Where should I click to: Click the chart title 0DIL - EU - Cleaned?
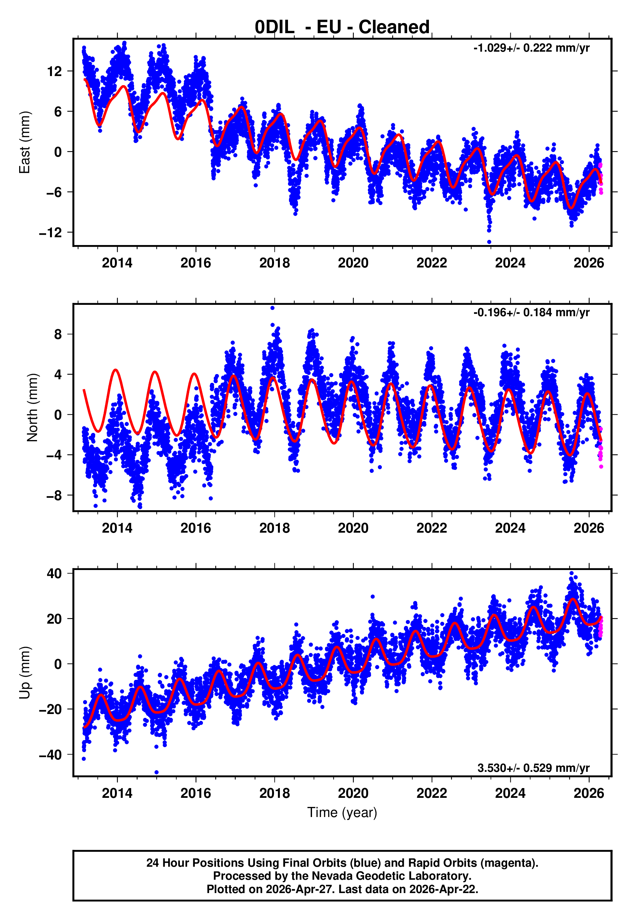tap(342, 27)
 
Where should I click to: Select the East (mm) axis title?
tap(25, 143)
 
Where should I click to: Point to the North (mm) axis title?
tap(32, 408)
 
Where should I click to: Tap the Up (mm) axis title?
tap(25, 673)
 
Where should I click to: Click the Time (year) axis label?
tap(342, 813)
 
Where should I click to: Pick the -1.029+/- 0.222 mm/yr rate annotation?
tap(531, 48)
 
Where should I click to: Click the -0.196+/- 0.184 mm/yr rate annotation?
tap(531, 313)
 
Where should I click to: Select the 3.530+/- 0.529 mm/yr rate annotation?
tap(534, 768)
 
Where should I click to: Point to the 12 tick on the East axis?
tap(54, 71)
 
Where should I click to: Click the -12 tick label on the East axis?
tap(50, 232)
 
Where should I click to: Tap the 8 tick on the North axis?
tap(58, 334)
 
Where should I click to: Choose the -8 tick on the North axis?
tap(54, 496)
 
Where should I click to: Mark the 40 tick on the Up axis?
tap(54, 574)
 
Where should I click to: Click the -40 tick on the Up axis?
tap(50, 755)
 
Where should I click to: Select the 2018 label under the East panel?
tap(275, 263)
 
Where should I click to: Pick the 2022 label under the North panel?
tap(432, 528)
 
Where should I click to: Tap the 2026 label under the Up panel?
tap(589, 793)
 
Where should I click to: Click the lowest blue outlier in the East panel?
tap(489, 242)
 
